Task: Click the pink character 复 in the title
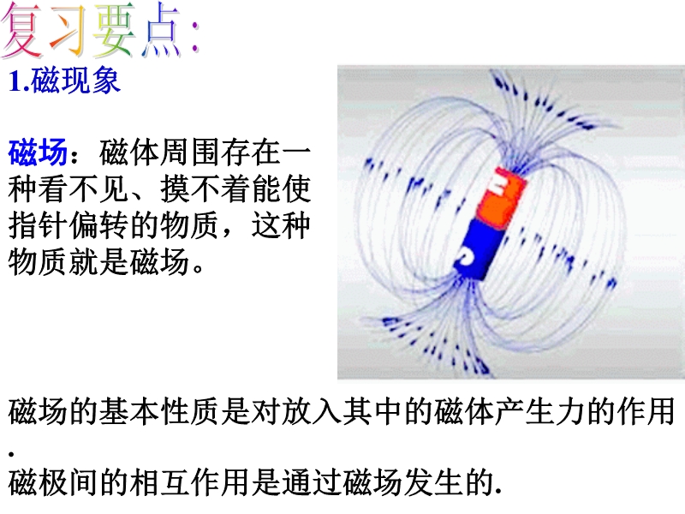point(24,30)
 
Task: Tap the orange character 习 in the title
point(70,32)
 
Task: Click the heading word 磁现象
point(76,81)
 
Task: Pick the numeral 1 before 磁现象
point(15,81)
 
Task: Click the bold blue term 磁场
point(38,152)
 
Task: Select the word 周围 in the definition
point(189,152)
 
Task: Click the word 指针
point(38,225)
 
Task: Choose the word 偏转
point(98,225)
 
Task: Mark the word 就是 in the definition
point(98,262)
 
